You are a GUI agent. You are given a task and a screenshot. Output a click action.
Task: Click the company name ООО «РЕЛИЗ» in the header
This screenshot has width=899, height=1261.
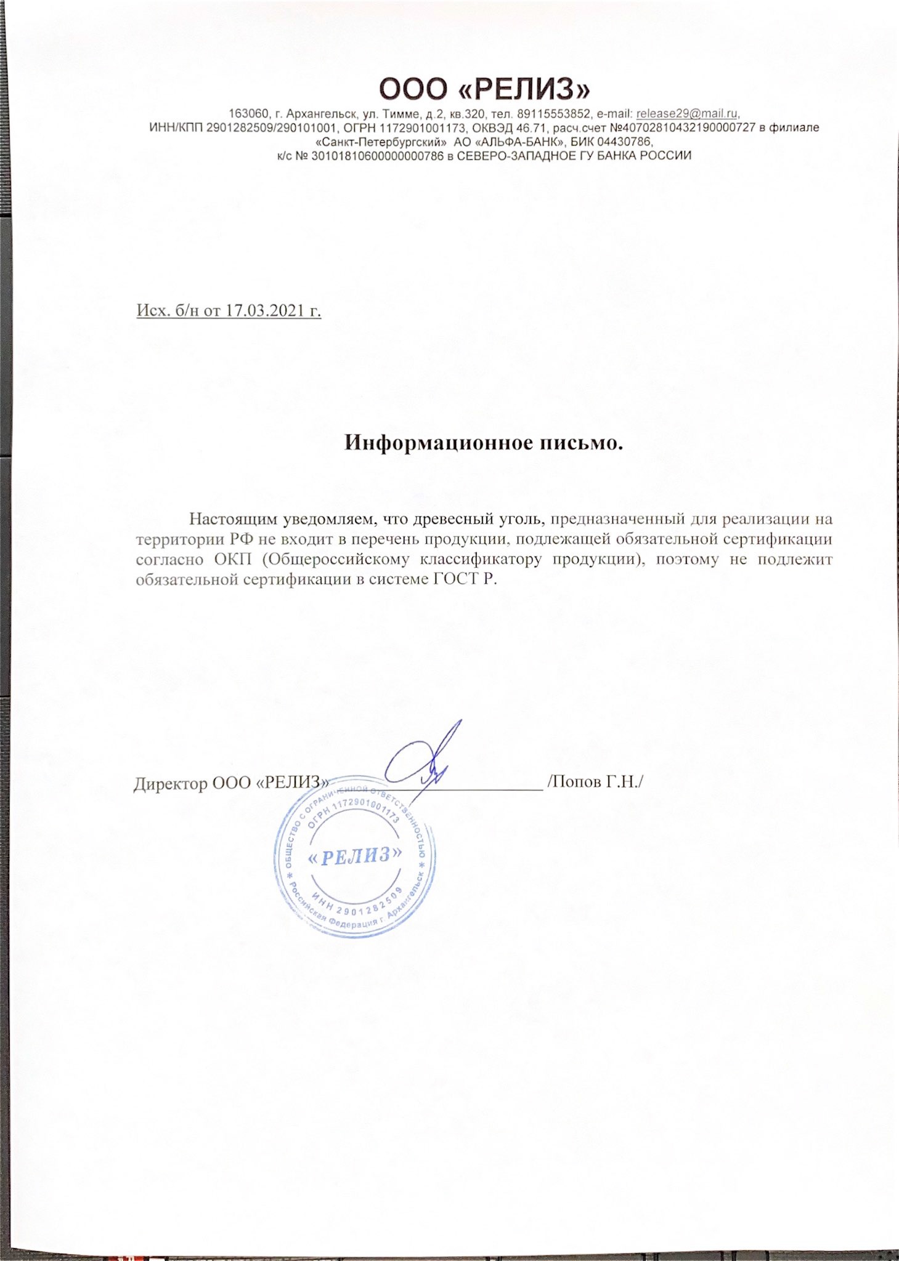coord(484,90)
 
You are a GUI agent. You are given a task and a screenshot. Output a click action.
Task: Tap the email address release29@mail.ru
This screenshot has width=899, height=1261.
coord(686,114)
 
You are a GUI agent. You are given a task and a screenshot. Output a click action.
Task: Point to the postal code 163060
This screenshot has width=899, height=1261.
coord(249,114)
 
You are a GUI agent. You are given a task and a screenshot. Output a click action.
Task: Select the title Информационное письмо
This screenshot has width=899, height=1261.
coord(483,443)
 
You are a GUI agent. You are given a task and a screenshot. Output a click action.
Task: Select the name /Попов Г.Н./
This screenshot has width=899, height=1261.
coord(595,782)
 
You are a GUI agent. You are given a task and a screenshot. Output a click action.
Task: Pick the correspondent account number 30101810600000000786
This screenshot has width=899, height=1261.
coord(377,156)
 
